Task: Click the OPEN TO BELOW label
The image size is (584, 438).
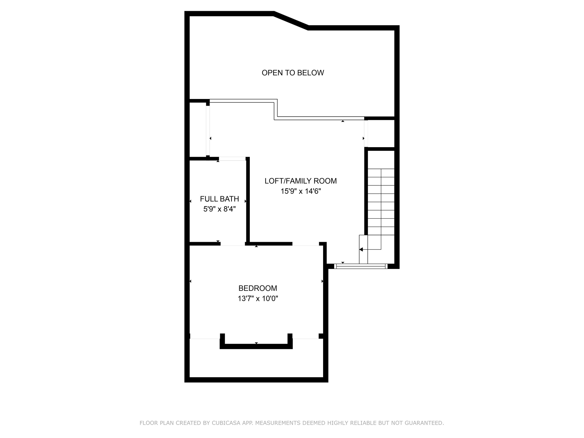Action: [293, 73]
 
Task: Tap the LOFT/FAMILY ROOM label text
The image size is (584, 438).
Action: [301, 181]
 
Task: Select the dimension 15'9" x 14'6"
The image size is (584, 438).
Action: [301, 191]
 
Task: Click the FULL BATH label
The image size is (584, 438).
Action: [219, 199]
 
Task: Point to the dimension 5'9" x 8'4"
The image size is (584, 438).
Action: [219, 209]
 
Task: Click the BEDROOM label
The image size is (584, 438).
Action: [258, 288]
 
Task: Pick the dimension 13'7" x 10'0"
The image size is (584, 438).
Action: [258, 299]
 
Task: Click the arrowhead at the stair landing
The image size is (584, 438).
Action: [361, 250]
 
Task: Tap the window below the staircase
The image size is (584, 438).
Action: [361, 266]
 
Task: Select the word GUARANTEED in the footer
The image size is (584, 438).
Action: [427, 423]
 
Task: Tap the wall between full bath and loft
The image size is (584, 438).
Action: [248, 200]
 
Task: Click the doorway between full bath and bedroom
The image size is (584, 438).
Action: [233, 244]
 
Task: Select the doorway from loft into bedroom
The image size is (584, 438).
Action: [305, 244]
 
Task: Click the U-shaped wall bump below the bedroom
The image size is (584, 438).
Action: [256, 346]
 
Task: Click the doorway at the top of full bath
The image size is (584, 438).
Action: [232, 159]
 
